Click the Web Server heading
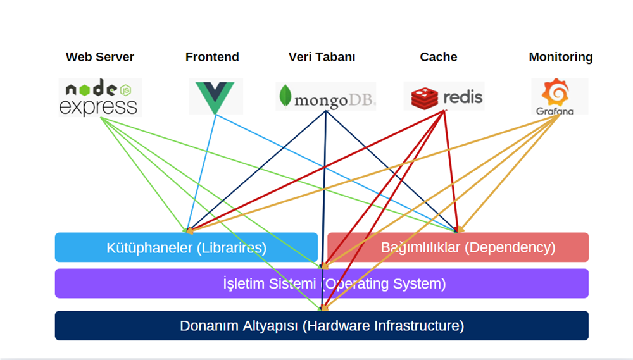[100, 57]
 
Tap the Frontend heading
[212, 57]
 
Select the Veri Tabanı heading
[322, 57]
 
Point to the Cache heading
[438, 57]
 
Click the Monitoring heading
[560, 57]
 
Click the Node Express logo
[99, 97]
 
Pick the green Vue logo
[215, 96]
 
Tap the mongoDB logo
[326, 97]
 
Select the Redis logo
[444, 96]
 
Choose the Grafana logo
[560, 96]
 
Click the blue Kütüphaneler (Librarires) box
[186, 247]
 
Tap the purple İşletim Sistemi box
[322, 283]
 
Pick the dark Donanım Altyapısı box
[322, 326]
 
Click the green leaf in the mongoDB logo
[285, 96]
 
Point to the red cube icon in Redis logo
[424, 97]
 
